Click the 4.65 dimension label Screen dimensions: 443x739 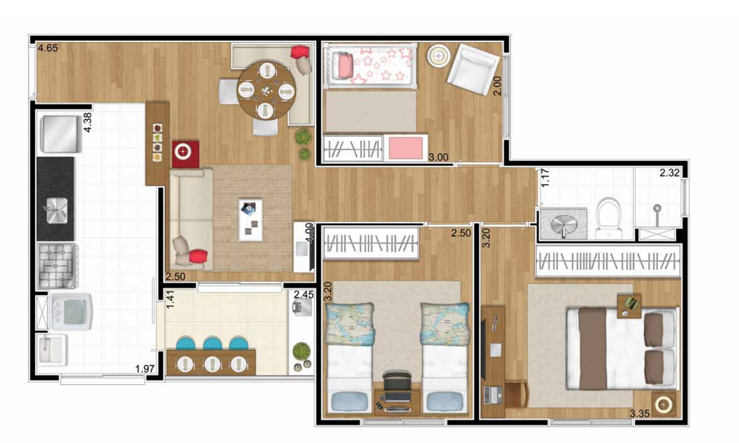click(x=48, y=48)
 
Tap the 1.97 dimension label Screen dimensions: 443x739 click(x=145, y=369)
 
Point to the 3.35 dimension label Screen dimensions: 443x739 click(x=640, y=414)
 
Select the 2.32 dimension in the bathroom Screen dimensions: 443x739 click(x=669, y=173)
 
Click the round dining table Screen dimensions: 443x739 click(x=266, y=90)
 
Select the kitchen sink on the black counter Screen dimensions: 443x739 click(x=56, y=211)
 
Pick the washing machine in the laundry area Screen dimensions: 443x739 click(x=71, y=312)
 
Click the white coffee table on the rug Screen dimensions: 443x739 click(x=251, y=220)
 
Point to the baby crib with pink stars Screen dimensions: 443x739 click(x=370, y=66)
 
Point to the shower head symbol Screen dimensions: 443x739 click(x=657, y=208)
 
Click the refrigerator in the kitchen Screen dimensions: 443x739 click(x=61, y=134)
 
